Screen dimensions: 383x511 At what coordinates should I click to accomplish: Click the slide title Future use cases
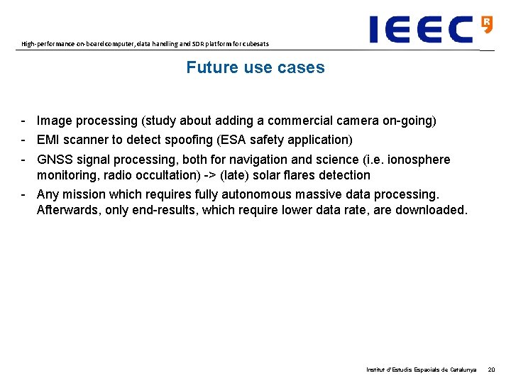click(255, 68)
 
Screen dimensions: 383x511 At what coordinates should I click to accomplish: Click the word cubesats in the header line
click(254, 44)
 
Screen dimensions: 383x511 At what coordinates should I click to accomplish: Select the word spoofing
click(187, 140)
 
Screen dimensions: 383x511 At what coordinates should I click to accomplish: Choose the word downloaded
click(431, 210)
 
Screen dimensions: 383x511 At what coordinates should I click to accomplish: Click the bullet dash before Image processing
click(24, 121)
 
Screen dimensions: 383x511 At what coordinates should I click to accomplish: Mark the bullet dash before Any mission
click(24, 194)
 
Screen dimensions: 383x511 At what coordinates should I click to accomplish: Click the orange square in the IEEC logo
click(487, 24)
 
